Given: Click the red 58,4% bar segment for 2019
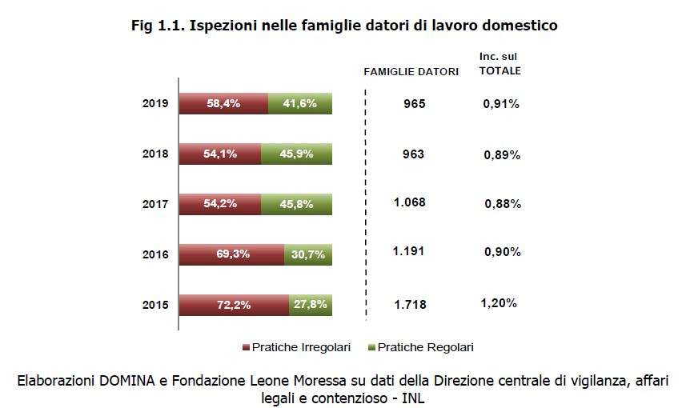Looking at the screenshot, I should coord(223,104).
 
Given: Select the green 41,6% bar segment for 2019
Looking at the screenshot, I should coord(299,104).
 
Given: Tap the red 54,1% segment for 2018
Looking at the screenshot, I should coord(220,154).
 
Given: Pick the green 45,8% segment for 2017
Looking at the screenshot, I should coord(296,204).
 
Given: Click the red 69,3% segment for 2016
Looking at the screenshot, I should coord(232,254).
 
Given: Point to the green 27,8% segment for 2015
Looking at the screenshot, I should coord(310,305).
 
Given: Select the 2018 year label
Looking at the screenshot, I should coord(155,154).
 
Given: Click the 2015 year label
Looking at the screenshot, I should coord(155,305).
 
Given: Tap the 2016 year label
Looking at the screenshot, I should coord(155,254).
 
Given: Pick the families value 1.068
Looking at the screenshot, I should coord(410,202).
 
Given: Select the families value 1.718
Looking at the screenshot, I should coord(410,305).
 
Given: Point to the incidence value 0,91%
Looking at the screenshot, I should coord(501,104).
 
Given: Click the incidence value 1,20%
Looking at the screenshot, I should coord(499,303).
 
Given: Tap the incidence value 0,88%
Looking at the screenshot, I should coord(503,204).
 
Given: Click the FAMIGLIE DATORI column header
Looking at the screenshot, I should coord(411,71).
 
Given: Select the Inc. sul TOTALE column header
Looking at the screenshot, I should coord(499,63).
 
